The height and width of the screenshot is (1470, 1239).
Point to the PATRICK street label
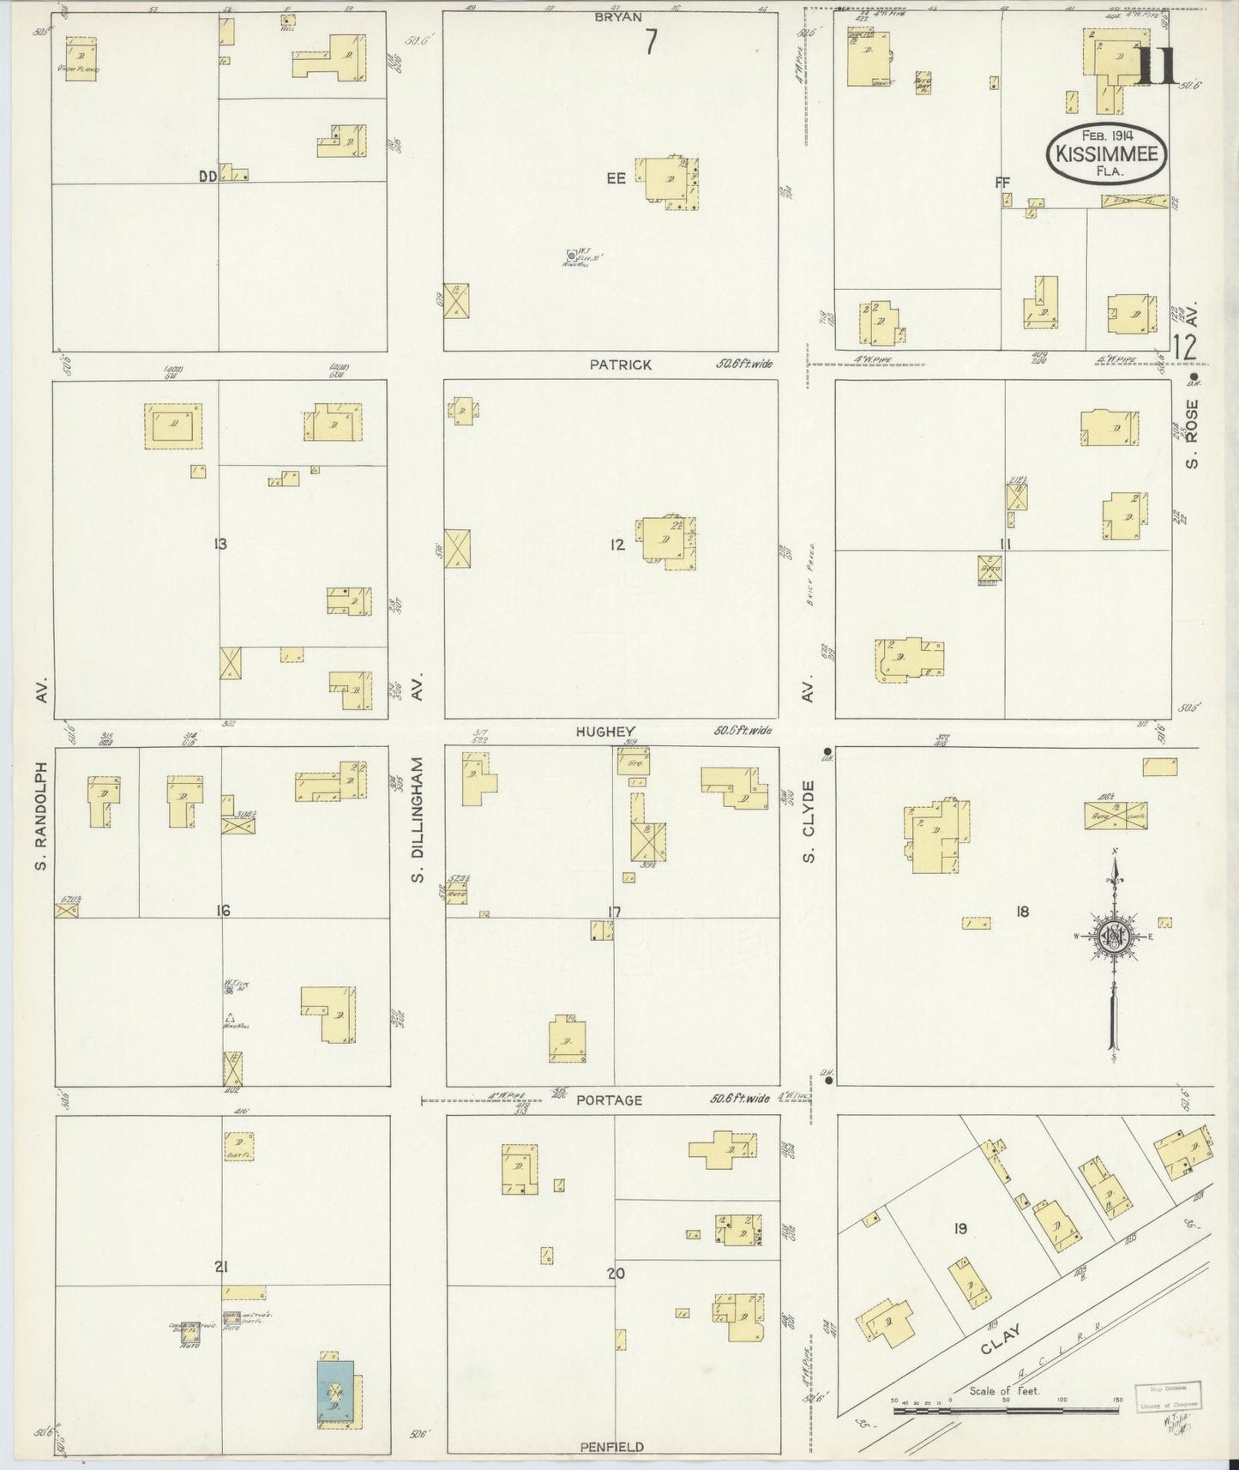tap(620, 364)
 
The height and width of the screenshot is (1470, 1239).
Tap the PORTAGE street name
tap(609, 1099)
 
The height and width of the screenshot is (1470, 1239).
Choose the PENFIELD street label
tap(611, 1447)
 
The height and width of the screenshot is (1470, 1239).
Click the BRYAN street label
tap(619, 16)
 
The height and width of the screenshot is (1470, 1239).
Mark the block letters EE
tap(616, 178)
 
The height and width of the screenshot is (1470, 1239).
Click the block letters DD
tap(206, 177)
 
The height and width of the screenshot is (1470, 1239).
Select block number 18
tap(1021, 912)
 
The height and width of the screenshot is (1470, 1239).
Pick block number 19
tap(959, 1229)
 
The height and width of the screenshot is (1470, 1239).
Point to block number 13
tap(220, 543)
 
